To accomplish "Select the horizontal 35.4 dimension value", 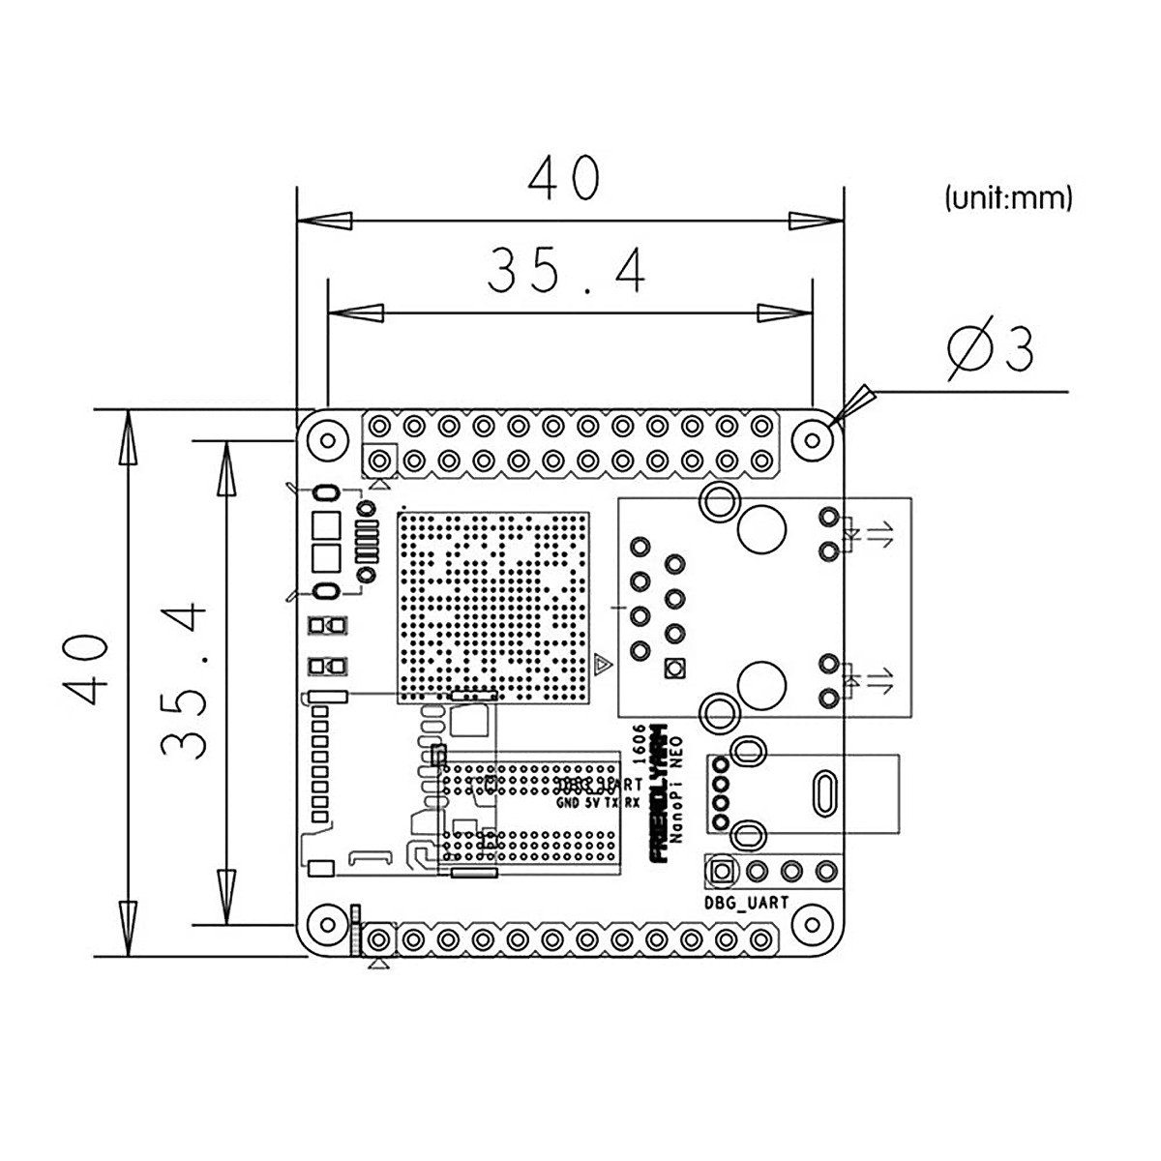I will (566, 270).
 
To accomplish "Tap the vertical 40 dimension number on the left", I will (85, 670).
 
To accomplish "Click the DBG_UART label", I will (748, 903).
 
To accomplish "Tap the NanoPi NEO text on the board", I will (678, 790).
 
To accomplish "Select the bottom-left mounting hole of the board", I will (327, 926).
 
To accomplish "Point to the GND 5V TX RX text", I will (598, 803).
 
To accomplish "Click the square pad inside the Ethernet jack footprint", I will (674, 669).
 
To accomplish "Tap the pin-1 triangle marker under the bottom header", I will (380, 964).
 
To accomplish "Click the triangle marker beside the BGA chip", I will (602, 664).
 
